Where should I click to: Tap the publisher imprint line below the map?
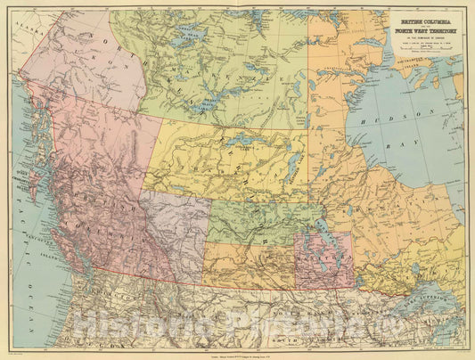237,354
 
